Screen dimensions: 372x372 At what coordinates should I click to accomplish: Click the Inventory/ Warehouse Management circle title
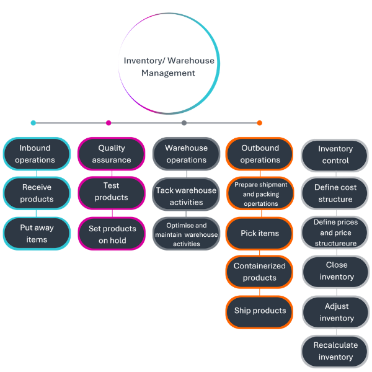tap(169, 67)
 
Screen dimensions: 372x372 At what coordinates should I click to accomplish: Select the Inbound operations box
tap(37, 154)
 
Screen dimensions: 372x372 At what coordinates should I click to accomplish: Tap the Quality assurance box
tap(112, 154)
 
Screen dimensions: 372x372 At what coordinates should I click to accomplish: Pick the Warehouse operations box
tap(186, 154)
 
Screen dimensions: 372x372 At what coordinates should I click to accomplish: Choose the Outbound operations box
tap(260, 154)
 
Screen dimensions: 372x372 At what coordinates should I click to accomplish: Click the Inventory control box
tap(335, 155)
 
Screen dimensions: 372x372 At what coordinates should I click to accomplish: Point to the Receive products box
tap(37, 193)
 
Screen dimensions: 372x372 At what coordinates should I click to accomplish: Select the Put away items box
tap(37, 233)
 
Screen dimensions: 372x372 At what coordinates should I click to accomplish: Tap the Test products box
tap(112, 192)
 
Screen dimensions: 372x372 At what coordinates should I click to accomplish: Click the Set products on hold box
tap(112, 234)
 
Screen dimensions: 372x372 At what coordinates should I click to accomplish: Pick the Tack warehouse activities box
tap(186, 196)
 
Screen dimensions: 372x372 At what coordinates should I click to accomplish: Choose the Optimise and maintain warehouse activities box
tap(186, 234)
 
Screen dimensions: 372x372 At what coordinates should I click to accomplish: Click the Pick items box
tap(260, 233)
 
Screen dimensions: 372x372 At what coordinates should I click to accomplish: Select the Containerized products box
tap(260, 272)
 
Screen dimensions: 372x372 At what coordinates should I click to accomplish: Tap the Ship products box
tap(260, 311)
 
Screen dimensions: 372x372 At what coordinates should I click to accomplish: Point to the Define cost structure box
tap(335, 193)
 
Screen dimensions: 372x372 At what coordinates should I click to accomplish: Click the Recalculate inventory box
tap(335, 351)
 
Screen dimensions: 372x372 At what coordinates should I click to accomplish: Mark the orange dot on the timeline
tap(259, 123)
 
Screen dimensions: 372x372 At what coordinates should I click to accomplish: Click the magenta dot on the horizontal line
tap(108, 123)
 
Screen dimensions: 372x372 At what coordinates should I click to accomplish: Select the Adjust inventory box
tap(335, 312)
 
